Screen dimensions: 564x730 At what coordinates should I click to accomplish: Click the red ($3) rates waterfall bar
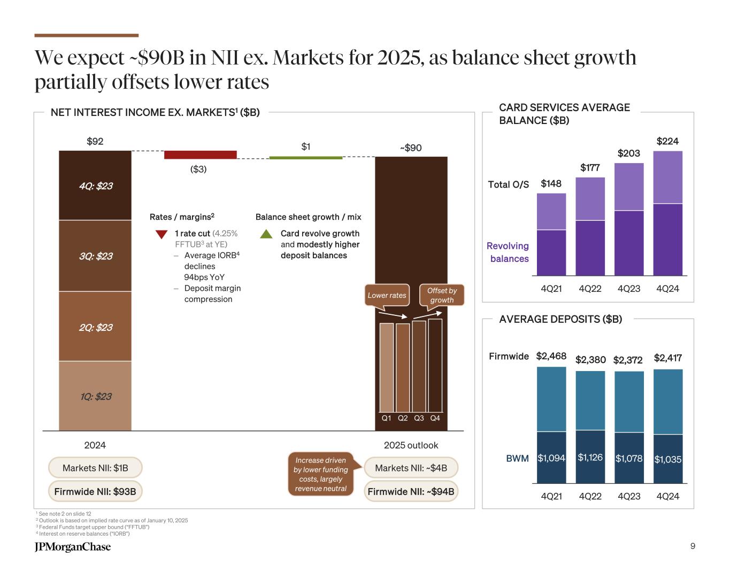200,155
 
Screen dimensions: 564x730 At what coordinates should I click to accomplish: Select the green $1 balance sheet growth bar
305,158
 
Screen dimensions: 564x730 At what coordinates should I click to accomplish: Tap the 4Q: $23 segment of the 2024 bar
95,186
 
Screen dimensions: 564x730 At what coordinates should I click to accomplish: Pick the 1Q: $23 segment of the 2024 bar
95,396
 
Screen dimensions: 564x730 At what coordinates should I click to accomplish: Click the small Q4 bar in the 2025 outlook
435,365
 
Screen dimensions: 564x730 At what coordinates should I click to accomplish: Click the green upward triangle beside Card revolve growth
266,234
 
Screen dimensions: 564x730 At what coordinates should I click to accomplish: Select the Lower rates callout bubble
387,295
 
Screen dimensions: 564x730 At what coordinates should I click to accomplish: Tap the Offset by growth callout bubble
442,295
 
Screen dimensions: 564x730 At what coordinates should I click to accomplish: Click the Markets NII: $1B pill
95,468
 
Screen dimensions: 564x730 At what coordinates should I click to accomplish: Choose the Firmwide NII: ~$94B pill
411,491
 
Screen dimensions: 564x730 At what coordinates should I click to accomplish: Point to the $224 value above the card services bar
667,141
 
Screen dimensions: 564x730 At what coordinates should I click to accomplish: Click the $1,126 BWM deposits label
590,458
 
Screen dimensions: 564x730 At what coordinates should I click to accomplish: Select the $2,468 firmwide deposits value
551,356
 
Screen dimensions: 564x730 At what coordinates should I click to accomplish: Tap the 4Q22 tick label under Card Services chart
590,289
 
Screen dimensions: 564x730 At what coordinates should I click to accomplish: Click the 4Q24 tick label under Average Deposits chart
667,496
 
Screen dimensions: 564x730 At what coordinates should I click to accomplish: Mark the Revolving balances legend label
508,252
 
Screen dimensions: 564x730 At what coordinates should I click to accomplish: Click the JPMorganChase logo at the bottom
73,546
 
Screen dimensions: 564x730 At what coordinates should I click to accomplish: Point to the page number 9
693,546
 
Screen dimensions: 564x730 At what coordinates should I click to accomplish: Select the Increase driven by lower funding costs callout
320,474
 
